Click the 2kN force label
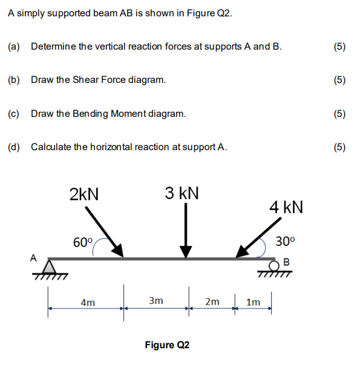[x=84, y=194]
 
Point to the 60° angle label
[x=83, y=243]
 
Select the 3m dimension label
[x=155, y=300]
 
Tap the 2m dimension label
[x=212, y=301]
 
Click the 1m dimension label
[x=254, y=301]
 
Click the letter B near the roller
[x=287, y=262]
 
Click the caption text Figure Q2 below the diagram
[x=167, y=345]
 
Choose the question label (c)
[x=14, y=113]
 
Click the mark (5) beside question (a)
[x=339, y=46]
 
